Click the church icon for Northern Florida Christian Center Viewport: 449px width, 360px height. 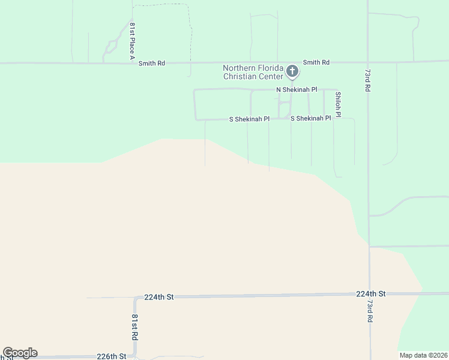(x=292, y=72)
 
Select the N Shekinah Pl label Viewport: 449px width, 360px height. (x=297, y=89)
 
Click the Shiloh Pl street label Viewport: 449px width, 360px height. (x=338, y=104)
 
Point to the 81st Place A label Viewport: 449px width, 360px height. (x=132, y=41)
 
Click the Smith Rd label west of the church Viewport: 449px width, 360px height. (x=151, y=63)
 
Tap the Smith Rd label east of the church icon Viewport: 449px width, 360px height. (x=316, y=62)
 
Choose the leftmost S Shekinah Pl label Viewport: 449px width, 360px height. (x=250, y=119)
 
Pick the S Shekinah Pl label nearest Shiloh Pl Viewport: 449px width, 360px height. (x=310, y=118)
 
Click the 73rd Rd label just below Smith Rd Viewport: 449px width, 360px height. (x=367, y=79)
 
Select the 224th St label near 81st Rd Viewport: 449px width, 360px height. (x=158, y=297)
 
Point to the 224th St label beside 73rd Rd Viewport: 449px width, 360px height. (x=370, y=294)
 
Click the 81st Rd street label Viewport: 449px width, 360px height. (x=135, y=328)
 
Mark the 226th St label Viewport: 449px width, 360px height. (x=112, y=356)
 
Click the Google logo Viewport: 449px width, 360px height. (x=20, y=353)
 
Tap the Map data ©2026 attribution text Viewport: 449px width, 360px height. (x=423, y=355)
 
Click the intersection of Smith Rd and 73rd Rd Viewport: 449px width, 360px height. (x=368, y=61)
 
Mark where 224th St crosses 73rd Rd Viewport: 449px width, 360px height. (x=369, y=294)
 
